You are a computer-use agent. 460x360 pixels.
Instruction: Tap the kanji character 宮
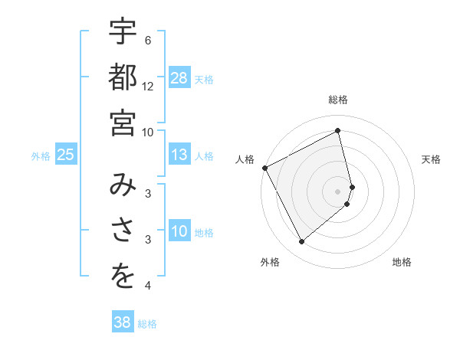point(123,122)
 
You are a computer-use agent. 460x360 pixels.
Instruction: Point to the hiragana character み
point(123,185)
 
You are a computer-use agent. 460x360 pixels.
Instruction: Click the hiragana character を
point(123,277)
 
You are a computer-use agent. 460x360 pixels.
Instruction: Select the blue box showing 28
point(179,78)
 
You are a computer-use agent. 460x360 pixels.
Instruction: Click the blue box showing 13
point(179,155)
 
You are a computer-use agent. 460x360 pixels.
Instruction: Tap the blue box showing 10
point(179,232)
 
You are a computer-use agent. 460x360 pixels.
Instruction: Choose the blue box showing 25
point(65,155)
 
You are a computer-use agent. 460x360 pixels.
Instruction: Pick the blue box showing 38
point(122,322)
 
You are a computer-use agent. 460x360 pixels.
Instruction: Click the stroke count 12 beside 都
point(148,86)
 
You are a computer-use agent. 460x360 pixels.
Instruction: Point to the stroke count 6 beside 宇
point(148,41)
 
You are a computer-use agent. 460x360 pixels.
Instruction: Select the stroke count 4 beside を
point(148,286)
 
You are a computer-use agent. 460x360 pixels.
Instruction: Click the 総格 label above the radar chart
point(338,100)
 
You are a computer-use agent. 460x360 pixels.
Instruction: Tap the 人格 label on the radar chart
point(245,159)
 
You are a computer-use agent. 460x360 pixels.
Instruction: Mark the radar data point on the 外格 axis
point(301,242)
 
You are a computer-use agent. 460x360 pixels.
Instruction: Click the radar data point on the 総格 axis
point(338,130)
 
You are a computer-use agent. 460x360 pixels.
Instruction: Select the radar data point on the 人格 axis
point(264,168)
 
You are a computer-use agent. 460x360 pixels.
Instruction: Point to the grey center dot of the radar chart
point(338,191)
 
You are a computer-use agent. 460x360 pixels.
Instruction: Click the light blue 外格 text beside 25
point(41,156)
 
